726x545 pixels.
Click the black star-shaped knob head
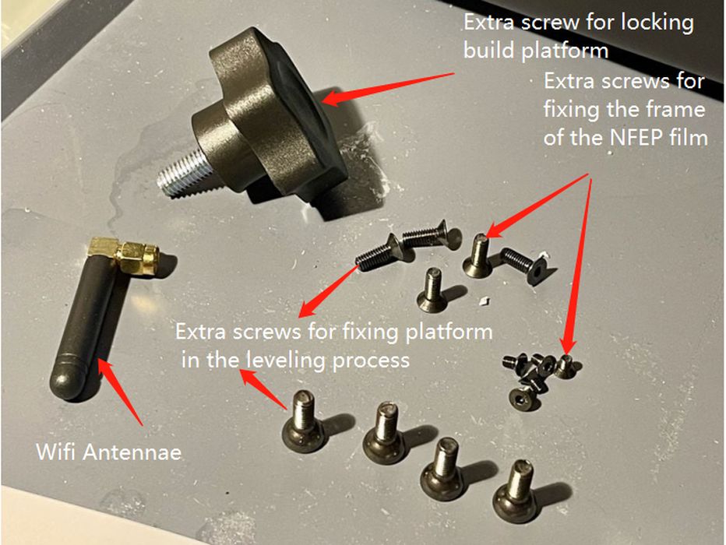pyautogui.click(x=278, y=116)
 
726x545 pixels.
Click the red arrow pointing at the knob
pyautogui.click(x=389, y=88)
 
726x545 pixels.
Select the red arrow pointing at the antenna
pyautogui.click(x=121, y=392)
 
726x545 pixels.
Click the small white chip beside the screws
pyautogui.click(x=484, y=301)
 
